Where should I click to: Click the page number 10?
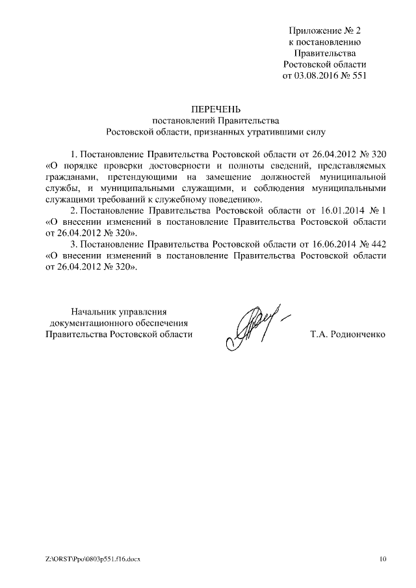[383, 559]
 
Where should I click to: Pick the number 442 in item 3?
[376, 244]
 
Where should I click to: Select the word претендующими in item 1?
[139, 177]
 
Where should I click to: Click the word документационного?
[92, 322]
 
